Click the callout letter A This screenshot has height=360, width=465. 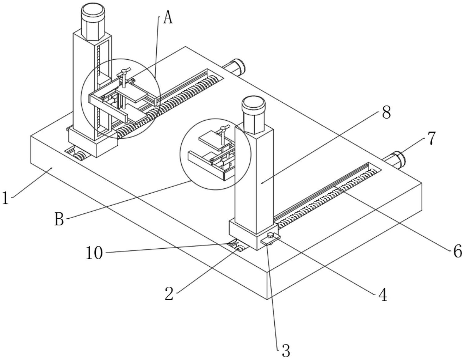(168, 17)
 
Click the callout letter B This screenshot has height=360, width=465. (59, 219)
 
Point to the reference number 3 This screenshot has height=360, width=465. (286, 351)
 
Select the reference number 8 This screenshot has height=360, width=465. (387, 112)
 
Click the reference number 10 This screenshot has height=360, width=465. (94, 253)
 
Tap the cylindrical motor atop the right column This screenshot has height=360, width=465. (253, 115)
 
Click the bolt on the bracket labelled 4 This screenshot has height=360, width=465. (270, 236)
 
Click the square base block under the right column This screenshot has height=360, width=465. (254, 235)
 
